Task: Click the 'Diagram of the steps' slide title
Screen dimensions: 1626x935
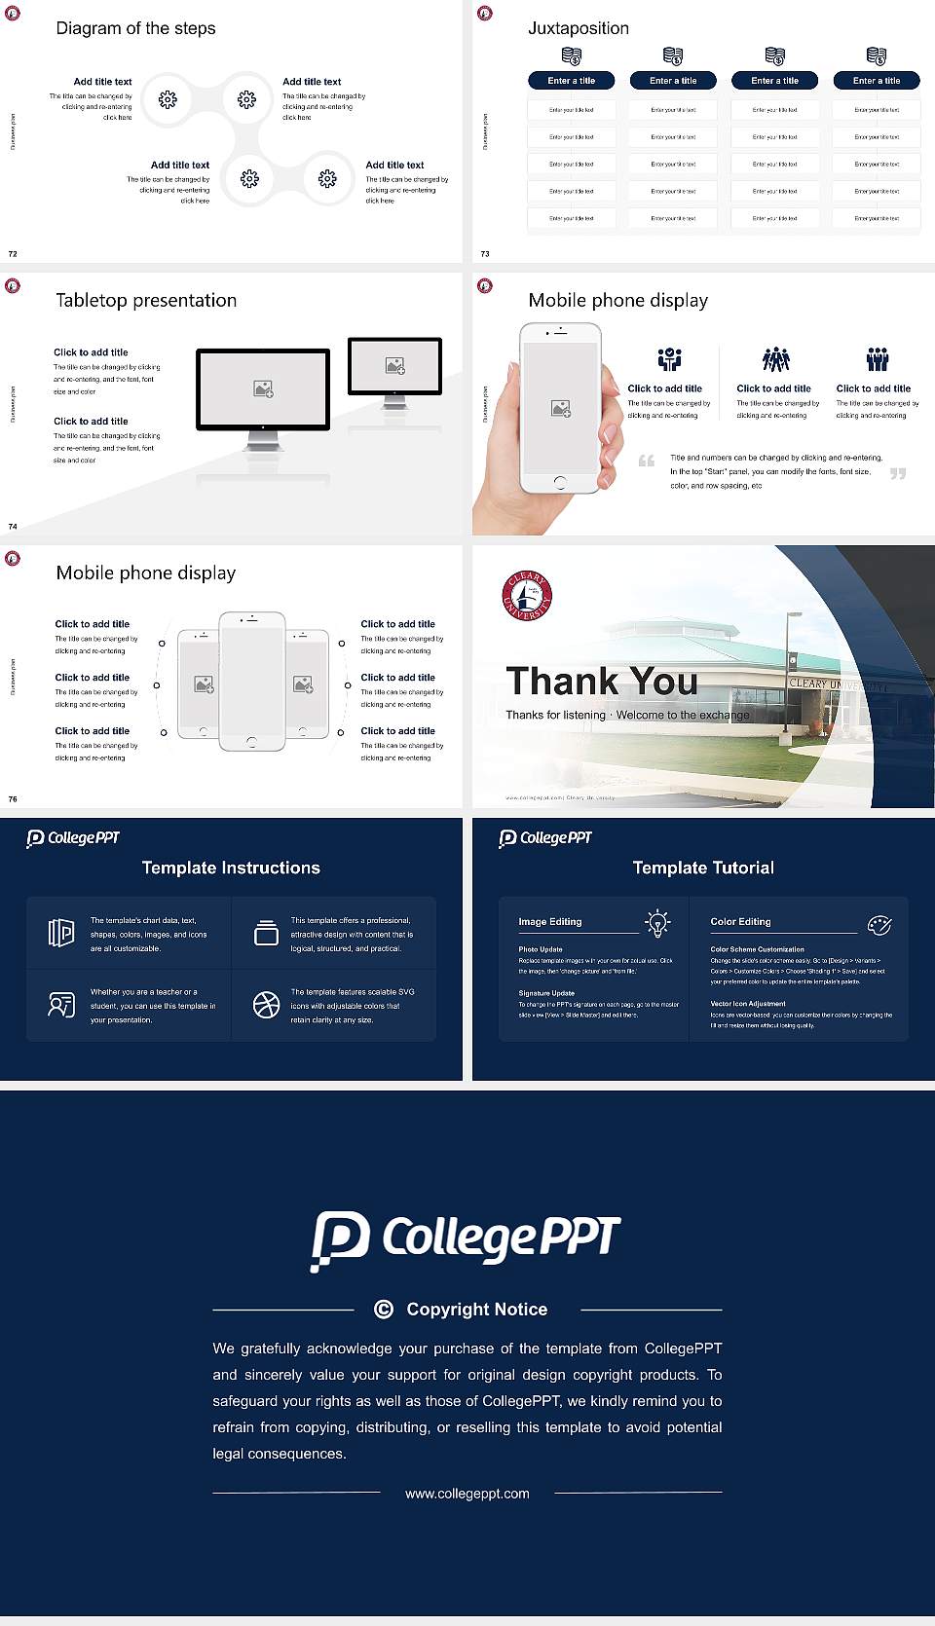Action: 135,28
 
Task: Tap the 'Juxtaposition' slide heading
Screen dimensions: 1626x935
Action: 578,28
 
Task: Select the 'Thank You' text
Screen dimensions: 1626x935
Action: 601,681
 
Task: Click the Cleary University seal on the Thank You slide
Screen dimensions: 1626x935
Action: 527,596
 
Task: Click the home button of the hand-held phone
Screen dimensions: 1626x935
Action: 559,482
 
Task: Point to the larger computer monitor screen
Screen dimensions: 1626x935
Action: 263,388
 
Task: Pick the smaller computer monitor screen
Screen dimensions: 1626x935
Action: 394,365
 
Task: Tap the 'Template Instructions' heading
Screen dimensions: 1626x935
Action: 231,868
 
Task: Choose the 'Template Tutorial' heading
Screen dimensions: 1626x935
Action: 703,868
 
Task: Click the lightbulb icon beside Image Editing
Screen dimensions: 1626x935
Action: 657,923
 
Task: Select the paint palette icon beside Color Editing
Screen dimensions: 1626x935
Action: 879,924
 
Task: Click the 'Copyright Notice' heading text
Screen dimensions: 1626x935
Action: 476,1310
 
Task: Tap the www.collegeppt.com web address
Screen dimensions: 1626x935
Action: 467,1494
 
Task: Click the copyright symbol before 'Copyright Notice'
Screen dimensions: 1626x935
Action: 384,1310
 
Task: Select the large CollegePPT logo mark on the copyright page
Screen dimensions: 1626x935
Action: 340,1239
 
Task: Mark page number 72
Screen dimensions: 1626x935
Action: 13,254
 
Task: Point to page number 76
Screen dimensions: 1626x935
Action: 13,799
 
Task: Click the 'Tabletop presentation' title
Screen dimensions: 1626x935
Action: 146,301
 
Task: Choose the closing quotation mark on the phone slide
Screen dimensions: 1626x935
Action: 898,473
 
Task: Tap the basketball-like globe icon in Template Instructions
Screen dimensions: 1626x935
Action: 266,1005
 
